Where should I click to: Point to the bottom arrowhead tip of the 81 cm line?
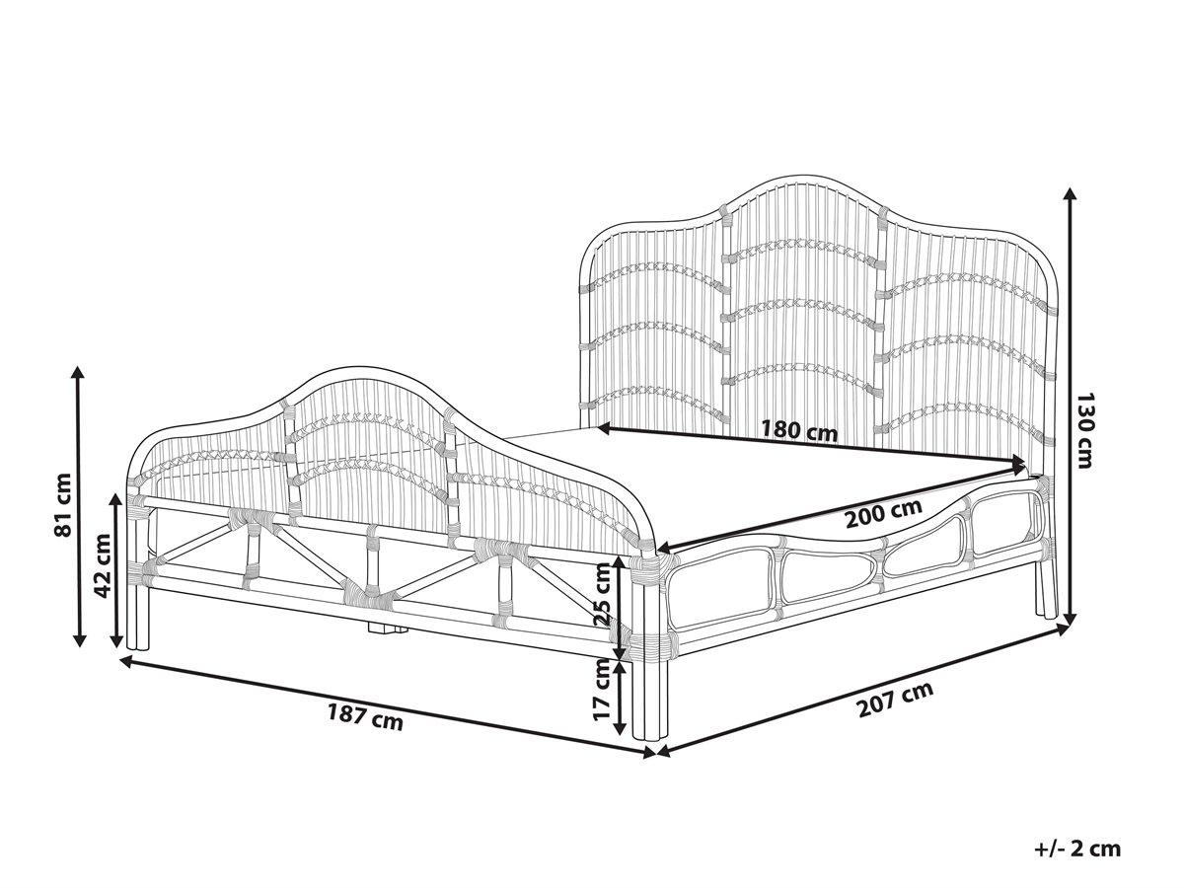pos(79,646)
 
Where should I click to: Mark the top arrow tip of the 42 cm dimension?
pos(115,492)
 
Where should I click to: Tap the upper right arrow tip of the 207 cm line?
pos(1071,626)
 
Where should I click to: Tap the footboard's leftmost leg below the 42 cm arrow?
pos(137,614)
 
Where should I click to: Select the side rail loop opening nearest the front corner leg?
pos(718,595)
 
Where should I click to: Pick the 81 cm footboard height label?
pos(63,505)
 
